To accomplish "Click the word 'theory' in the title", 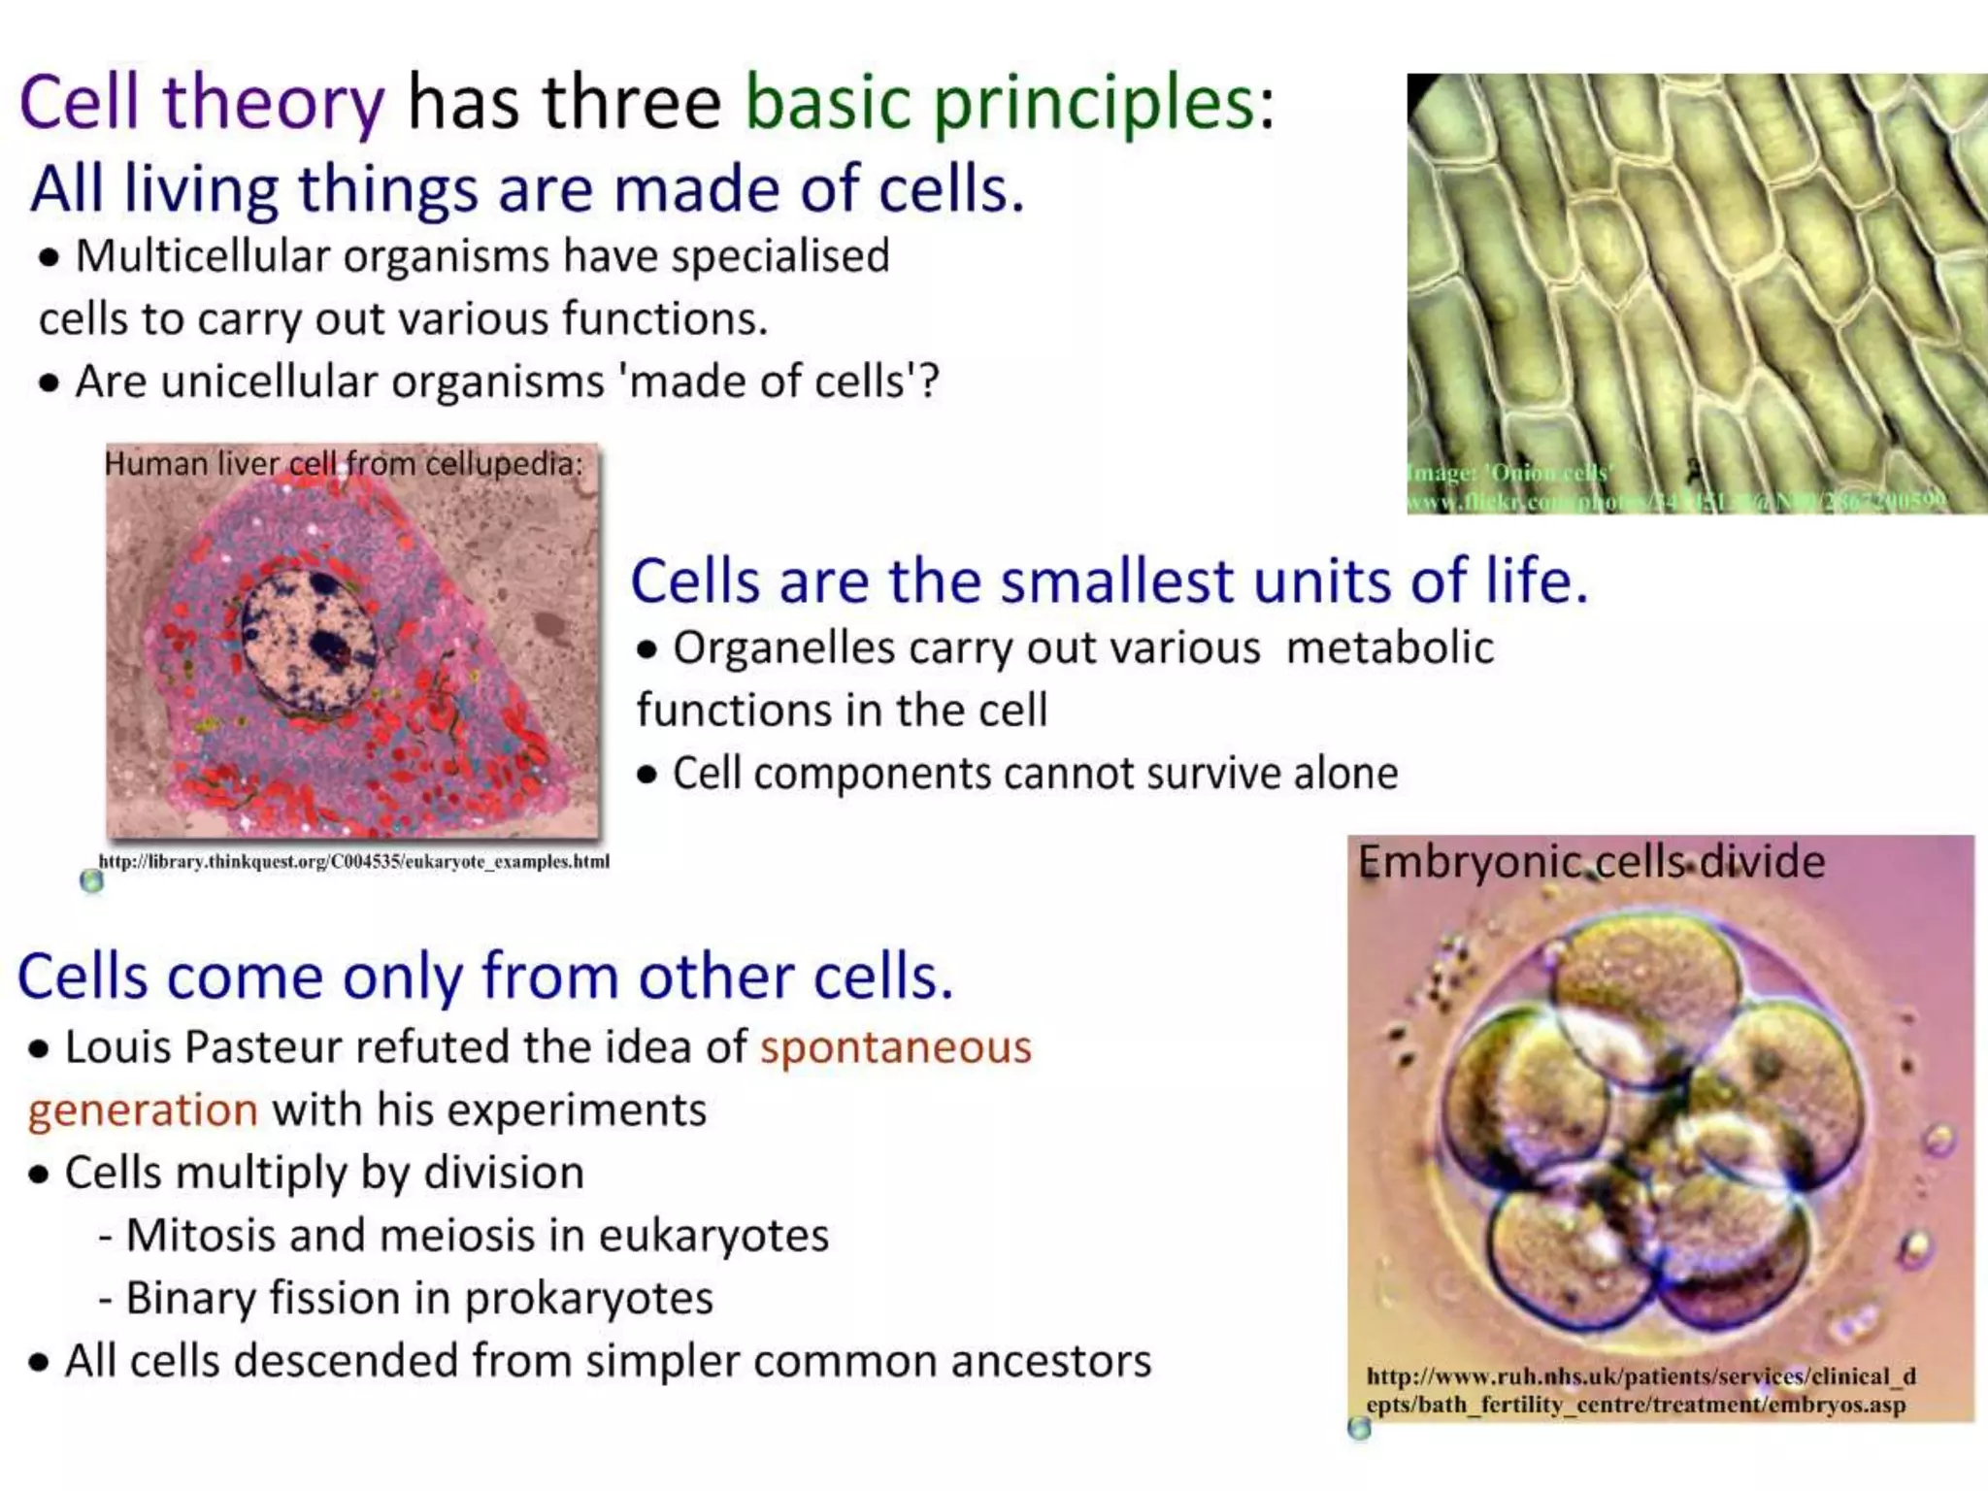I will [x=274, y=103].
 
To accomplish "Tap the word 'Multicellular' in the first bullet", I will [x=202, y=257].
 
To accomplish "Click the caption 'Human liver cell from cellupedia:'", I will [x=344, y=464].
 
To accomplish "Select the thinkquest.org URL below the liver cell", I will [x=353, y=861].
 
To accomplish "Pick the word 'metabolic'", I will [x=1389, y=648].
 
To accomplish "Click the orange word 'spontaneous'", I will [x=895, y=1047].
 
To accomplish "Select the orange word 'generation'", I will [x=143, y=1110].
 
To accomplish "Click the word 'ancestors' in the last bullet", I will [x=1050, y=1361].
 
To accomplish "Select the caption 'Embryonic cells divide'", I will [x=1590, y=862].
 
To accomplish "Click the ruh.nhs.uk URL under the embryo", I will [x=1640, y=1390].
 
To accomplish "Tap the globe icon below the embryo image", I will [x=1360, y=1428].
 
